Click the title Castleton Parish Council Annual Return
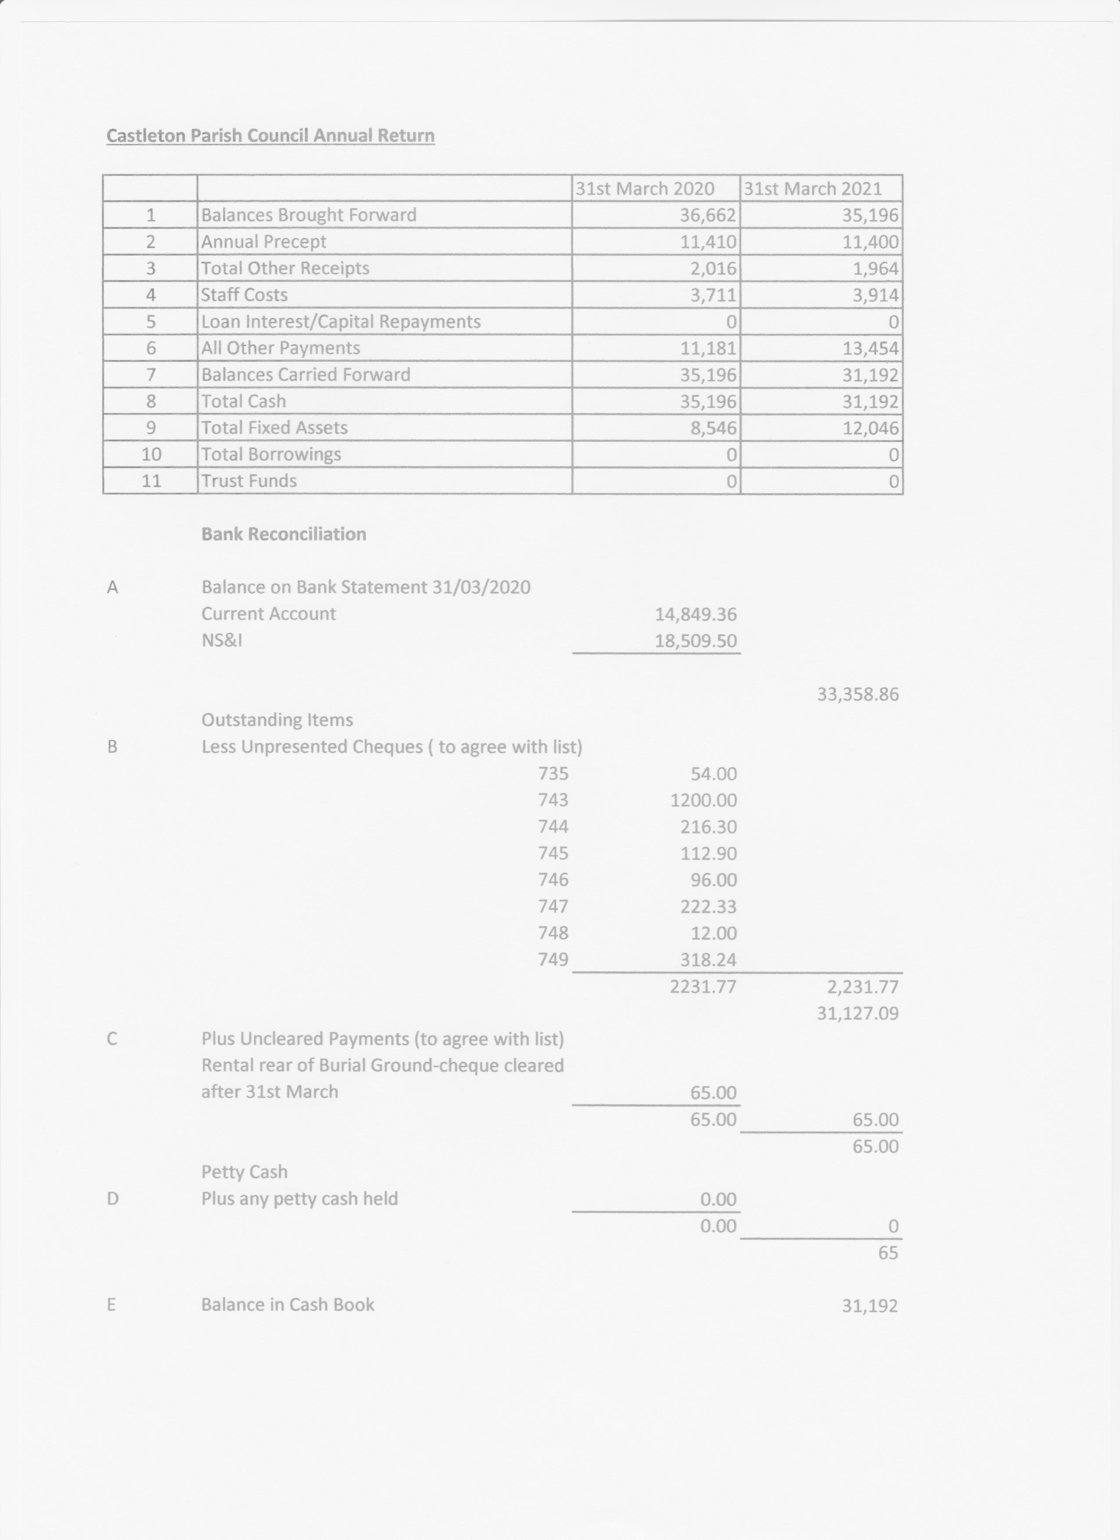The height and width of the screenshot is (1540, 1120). click(x=270, y=136)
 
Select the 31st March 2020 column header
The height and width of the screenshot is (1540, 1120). click(x=645, y=189)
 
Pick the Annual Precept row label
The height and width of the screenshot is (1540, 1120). click(x=264, y=242)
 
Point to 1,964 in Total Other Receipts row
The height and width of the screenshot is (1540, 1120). click(x=875, y=268)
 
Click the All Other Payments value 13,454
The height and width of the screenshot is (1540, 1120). click(x=870, y=348)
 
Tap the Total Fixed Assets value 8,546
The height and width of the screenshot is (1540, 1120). click(x=712, y=428)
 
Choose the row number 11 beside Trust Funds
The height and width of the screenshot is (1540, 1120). click(x=151, y=481)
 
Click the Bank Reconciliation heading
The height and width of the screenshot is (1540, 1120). click(x=283, y=534)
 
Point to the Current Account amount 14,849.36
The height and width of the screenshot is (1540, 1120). click(x=696, y=614)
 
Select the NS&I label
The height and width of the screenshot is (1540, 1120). click(x=221, y=640)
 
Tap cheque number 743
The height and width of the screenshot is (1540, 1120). click(x=553, y=800)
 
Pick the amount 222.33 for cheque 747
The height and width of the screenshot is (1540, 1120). click(x=708, y=906)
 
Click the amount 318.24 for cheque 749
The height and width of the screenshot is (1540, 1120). click(x=708, y=959)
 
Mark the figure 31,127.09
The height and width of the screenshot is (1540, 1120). click(x=858, y=1014)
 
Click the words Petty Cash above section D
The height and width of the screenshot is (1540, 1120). click(x=245, y=1172)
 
